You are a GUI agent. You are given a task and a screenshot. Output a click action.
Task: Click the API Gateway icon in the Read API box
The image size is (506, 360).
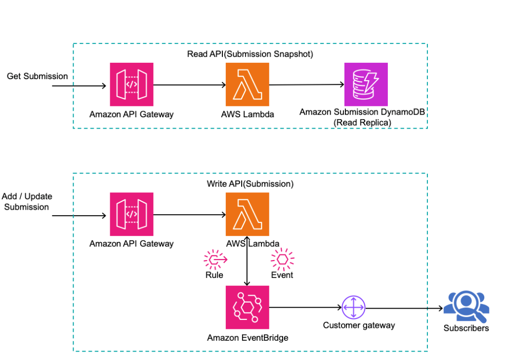click(131, 85)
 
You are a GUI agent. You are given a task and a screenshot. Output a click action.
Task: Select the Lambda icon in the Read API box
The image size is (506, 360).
click(248, 85)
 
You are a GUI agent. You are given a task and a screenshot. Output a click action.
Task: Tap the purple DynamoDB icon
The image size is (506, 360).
click(366, 84)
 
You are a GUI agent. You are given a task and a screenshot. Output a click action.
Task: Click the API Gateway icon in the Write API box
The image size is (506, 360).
click(131, 215)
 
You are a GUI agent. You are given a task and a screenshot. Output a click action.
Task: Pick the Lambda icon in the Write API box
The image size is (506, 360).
click(248, 214)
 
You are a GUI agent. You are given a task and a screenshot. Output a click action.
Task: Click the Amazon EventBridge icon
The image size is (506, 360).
click(247, 307)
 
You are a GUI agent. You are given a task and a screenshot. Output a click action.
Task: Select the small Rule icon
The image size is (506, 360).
click(215, 259)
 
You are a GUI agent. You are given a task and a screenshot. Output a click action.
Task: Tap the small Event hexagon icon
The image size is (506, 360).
click(282, 259)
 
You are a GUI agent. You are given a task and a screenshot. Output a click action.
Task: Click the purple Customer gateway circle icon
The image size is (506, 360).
click(353, 308)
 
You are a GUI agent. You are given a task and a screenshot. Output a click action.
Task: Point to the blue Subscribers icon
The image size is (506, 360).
click(465, 306)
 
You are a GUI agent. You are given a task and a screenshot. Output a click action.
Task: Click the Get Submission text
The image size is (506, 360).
click(37, 76)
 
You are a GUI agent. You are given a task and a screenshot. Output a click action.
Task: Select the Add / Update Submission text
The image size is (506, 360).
click(27, 202)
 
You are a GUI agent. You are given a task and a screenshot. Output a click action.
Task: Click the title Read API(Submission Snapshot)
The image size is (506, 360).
click(250, 54)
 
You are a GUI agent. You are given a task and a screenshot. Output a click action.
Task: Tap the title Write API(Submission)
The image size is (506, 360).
click(250, 184)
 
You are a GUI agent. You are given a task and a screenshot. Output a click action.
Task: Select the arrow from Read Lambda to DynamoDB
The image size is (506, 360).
click(306, 85)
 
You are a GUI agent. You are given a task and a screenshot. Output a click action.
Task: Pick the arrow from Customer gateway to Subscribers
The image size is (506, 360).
click(403, 308)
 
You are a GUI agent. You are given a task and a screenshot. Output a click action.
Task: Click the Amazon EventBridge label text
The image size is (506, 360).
click(248, 338)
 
